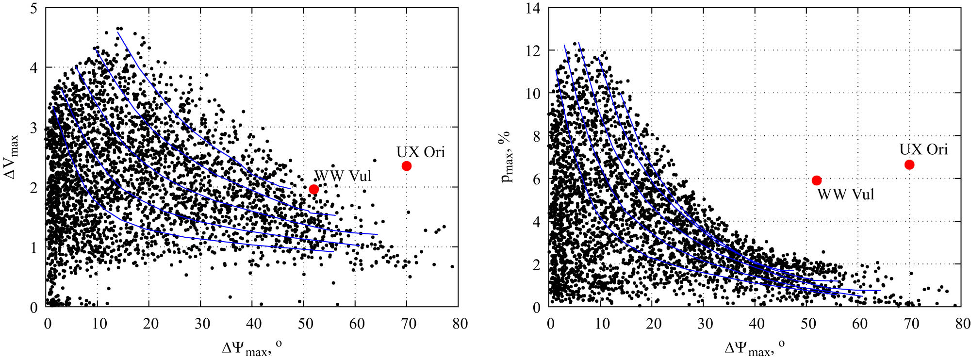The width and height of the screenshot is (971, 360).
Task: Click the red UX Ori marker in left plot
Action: point(407,166)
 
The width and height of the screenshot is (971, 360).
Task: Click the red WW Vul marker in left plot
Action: point(313,189)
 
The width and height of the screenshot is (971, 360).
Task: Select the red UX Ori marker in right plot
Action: point(909,165)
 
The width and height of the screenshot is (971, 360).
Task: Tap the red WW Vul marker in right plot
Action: point(817,180)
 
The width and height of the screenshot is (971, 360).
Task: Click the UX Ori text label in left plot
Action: point(420,152)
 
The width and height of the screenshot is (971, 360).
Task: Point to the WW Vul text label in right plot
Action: point(846,195)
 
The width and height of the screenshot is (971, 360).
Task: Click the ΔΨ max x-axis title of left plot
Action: point(252,348)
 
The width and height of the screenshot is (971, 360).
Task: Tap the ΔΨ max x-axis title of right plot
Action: point(755,348)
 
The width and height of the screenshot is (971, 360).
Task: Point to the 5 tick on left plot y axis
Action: point(33,8)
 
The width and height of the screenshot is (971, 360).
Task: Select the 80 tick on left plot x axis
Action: point(460,324)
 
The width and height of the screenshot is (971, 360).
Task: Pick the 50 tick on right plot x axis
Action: point(808,324)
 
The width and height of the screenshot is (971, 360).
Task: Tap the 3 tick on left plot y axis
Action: point(33,128)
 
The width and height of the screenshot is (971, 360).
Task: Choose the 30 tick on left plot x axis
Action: point(202,324)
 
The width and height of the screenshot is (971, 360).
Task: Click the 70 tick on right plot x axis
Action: point(911,324)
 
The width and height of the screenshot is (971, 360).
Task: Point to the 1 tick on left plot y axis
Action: point(33,248)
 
